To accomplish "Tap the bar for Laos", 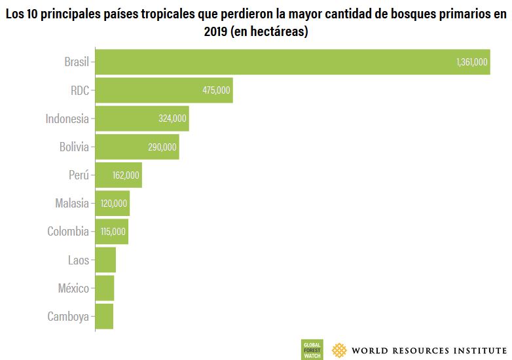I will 105,260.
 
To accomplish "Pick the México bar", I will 105,288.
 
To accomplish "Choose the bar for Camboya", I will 104,316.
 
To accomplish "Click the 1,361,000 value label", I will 471,62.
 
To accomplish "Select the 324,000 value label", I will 173,118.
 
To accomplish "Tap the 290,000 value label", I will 162,147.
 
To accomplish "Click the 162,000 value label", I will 126,175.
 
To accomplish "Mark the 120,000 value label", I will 114,204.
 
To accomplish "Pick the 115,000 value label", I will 113,232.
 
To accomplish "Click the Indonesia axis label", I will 67,118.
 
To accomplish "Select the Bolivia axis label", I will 73,147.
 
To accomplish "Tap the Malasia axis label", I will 71,204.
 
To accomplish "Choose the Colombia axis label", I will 67,232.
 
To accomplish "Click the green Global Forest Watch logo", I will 311,350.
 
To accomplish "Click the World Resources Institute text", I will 429,350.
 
